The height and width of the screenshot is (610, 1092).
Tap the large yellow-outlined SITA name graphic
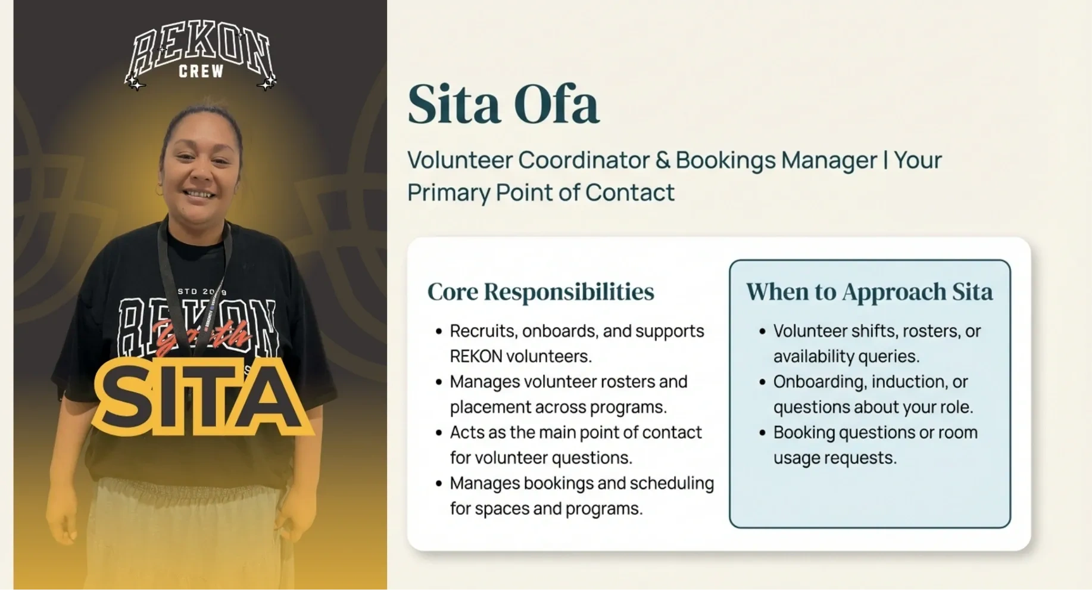[x=203, y=397]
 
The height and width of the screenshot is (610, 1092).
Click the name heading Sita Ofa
[x=503, y=104]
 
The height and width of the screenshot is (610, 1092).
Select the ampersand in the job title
[x=663, y=160]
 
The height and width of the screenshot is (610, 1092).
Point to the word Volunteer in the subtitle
[x=460, y=160]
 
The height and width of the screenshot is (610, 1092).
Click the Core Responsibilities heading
[x=541, y=291]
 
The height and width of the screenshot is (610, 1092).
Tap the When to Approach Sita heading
[x=869, y=291]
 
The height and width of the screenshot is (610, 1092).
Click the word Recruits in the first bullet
[x=483, y=331]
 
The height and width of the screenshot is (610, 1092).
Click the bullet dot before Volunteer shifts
[x=762, y=331]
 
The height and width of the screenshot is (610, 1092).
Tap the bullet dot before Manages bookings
[x=439, y=483]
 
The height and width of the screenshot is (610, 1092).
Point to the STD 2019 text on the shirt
[x=202, y=291]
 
